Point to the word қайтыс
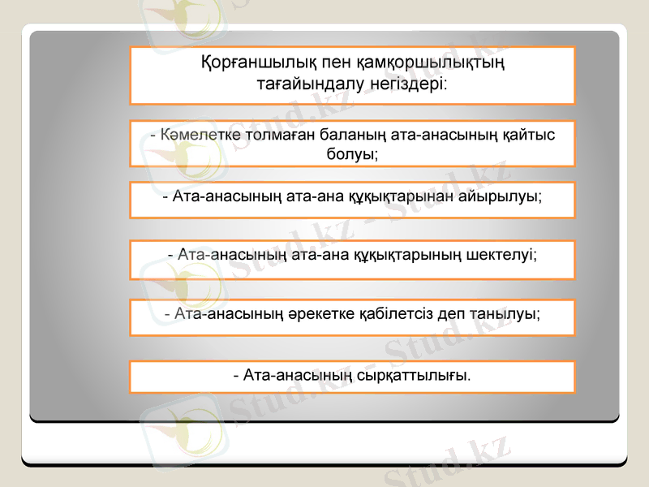pyautogui.click(x=527, y=135)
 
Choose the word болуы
pyautogui.click(x=350, y=153)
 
